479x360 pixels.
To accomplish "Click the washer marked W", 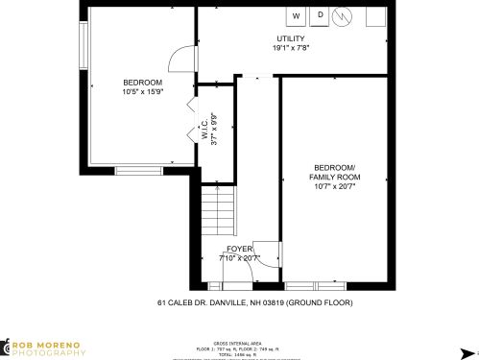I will [297, 16].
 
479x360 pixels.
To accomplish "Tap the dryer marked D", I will [321, 15].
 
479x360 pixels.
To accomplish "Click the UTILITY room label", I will [290, 38].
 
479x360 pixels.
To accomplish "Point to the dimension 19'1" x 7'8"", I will [290, 48].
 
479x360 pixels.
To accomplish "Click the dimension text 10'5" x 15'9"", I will [144, 92].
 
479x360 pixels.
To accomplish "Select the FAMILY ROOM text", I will [334, 178].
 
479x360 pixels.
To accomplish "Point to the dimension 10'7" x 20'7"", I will [334, 187].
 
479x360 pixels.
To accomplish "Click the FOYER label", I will [239, 249].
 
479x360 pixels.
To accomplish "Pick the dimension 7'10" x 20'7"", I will [239, 257].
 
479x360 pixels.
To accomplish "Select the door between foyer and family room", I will [266, 252].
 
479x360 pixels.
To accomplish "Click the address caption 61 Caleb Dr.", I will [255, 302].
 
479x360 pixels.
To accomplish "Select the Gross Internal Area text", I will [233, 343].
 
